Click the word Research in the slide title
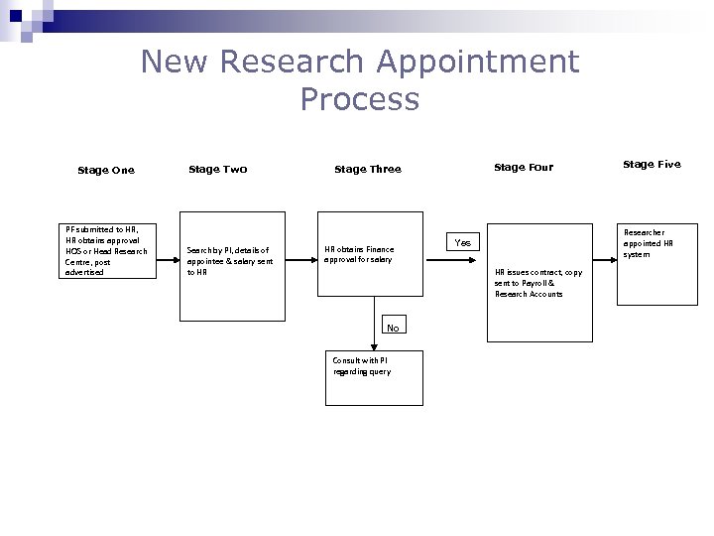(x=293, y=62)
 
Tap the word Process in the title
(x=359, y=99)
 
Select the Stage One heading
(x=105, y=170)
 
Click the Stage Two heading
(x=217, y=169)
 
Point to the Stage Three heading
(x=367, y=169)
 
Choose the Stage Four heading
(x=523, y=167)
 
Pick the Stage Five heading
(x=652, y=164)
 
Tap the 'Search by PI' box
(x=231, y=266)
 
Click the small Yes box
(x=463, y=242)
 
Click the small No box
(x=393, y=328)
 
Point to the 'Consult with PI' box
(x=373, y=377)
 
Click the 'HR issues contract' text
(x=538, y=272)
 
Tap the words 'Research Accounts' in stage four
(x=529, y=294)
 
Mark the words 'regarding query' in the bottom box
(x=362, y=371)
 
